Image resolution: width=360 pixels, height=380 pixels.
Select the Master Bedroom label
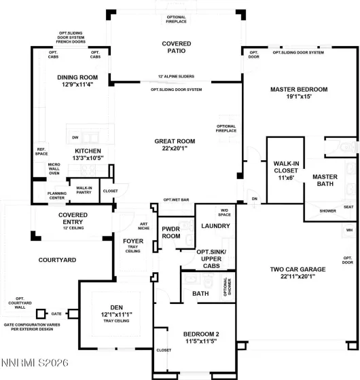click(x=299, y=89)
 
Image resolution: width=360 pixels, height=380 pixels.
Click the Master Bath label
click(x=324, y=181)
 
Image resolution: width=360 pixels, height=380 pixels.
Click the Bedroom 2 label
click(x=200, y=334)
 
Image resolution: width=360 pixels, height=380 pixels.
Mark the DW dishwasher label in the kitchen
click(x=75, y=137)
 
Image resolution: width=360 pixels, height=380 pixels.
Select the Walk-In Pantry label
click(x=84, y=190)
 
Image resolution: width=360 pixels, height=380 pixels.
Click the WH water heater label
click(x=349, y=230)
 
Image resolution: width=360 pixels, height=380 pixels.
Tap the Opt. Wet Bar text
click(x=175, y=200)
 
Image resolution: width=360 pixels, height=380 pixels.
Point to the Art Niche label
click(x=143, y=227)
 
